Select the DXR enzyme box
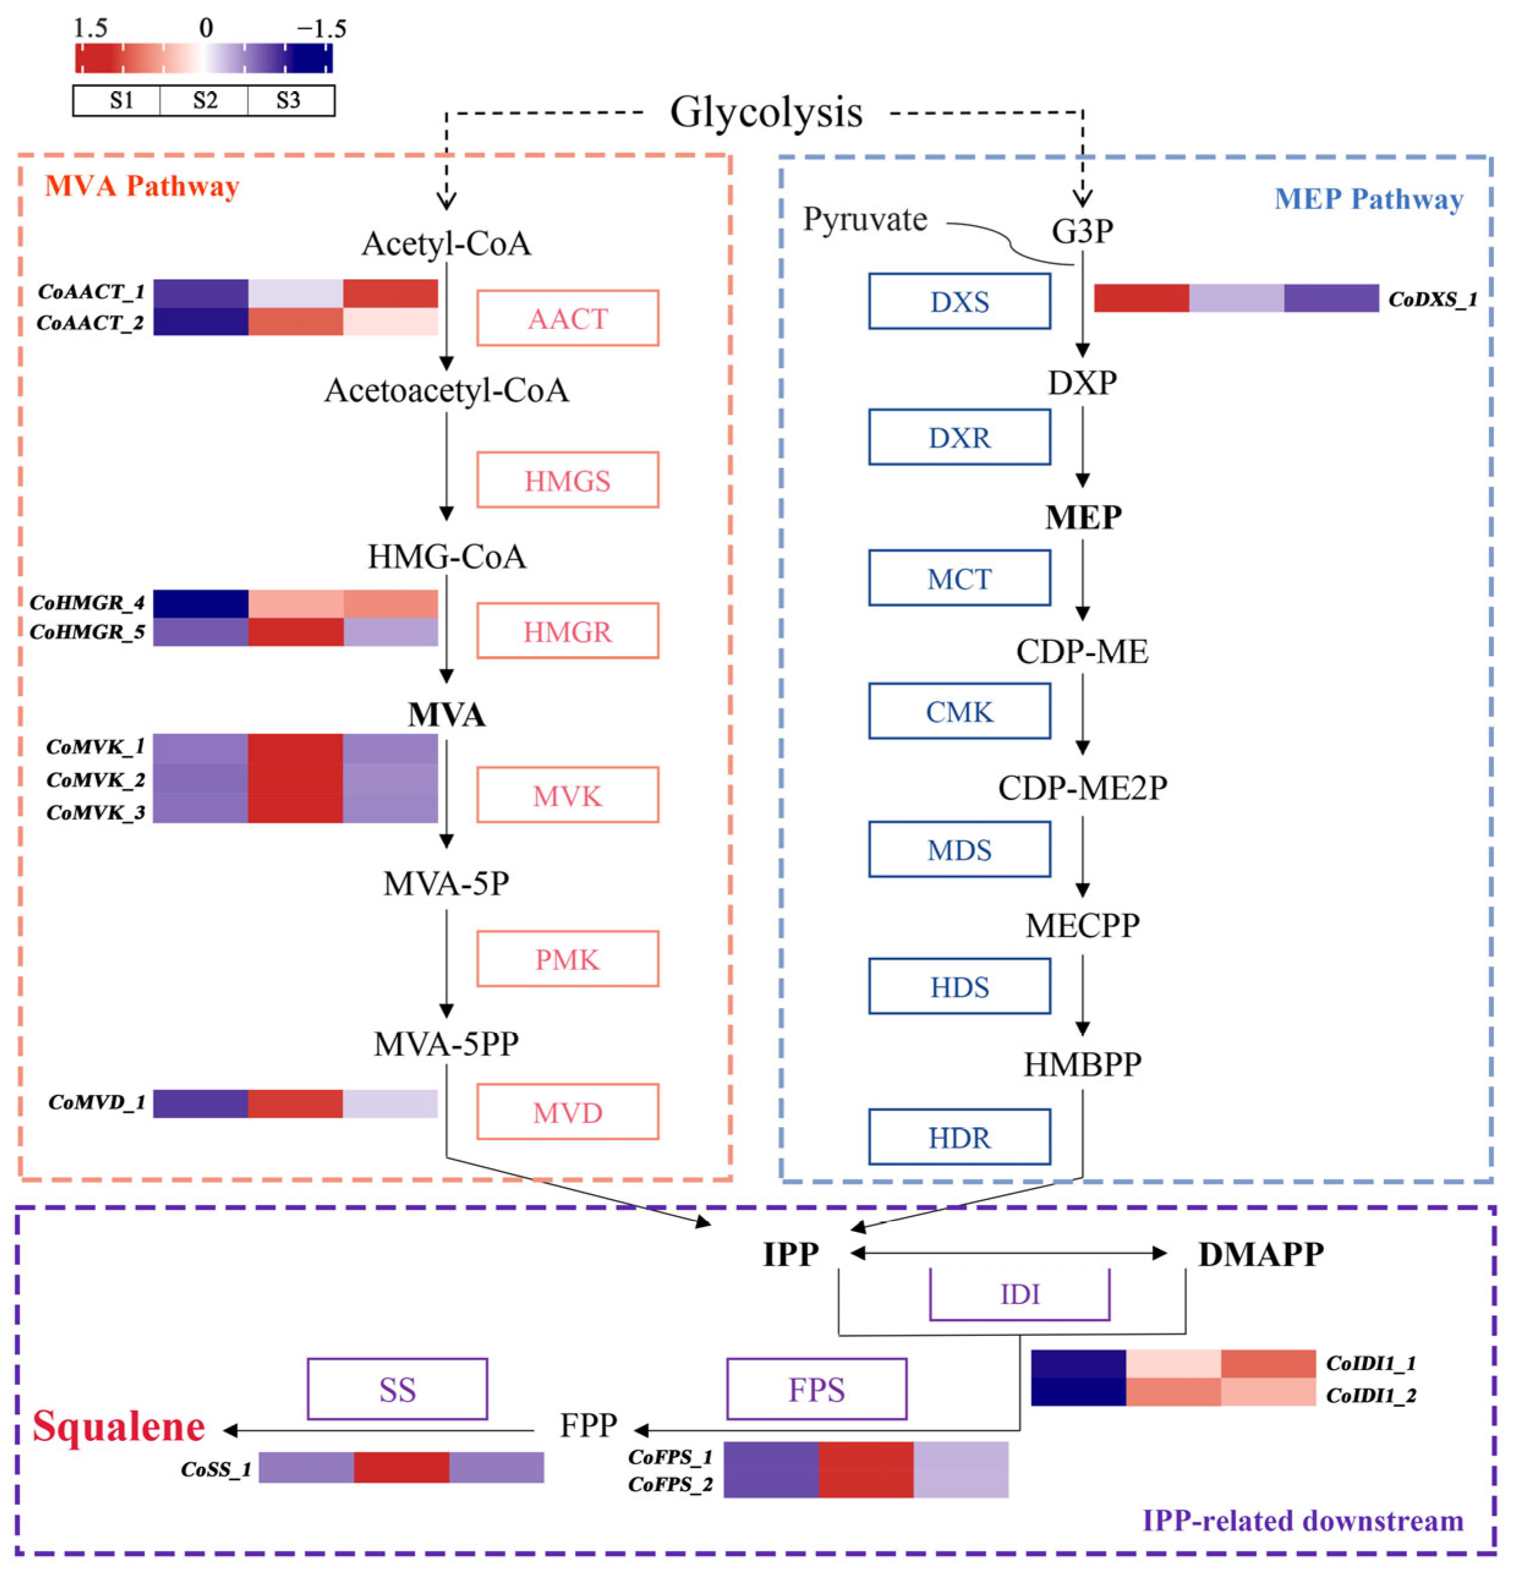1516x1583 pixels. click(959, 437)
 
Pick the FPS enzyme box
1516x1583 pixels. click(816, 1389)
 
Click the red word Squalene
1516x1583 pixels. click(119, 1426)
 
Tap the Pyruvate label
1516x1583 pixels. click(864, 220)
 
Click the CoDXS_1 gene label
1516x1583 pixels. click(1432, 300)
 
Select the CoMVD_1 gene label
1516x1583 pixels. click(97, 1102)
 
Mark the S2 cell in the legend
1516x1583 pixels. click(204, 100)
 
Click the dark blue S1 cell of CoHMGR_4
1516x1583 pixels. click(201, 603)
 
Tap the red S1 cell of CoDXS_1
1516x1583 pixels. click(1141, 298)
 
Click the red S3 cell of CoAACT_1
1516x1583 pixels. click(390, 293)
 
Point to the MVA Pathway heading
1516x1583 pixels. click(142, 186)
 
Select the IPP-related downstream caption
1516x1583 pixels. click(1302, 1521)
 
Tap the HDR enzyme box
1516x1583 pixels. click(959, 1137)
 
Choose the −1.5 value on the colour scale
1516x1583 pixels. click(322, 29)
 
